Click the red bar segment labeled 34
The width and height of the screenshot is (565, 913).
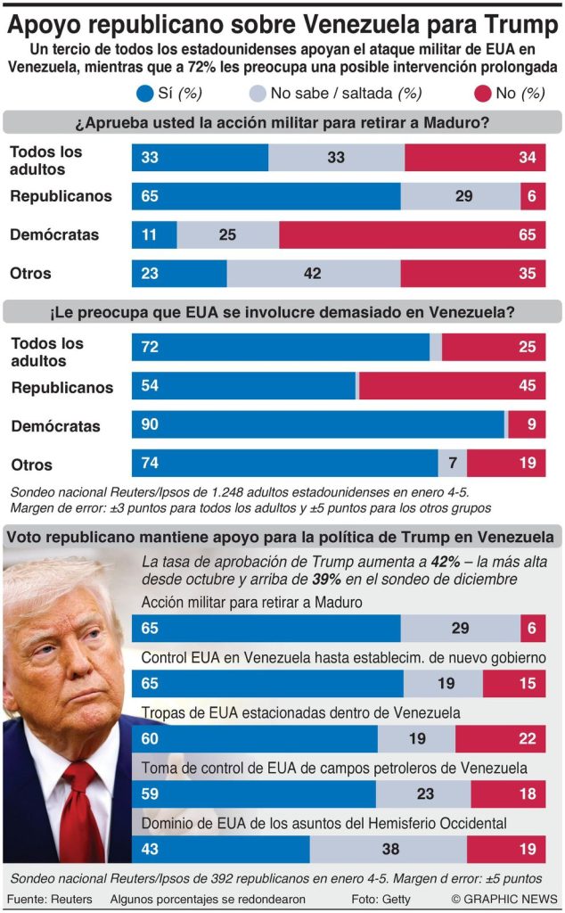(x=475, y=158)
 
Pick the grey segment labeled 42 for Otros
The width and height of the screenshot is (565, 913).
(x=313, y=274)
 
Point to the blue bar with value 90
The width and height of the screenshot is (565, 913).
(x=318, y=424)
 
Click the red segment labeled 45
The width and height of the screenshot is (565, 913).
(x=452, y=386)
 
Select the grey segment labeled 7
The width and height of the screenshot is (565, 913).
(x=453, y=464)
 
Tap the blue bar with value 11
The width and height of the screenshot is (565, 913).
(x=154, y=235)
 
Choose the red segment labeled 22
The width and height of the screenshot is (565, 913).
(x=500, y=739)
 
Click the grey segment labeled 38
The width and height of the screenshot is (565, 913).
(x=388, y=849)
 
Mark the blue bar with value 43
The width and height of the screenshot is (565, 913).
(x=220, y=849)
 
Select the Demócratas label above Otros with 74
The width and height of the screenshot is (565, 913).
(x=55, y=426)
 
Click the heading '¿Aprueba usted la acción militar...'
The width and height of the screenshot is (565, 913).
(x=282, y=122)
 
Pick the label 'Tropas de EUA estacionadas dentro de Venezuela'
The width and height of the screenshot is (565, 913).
(x=301, y=713)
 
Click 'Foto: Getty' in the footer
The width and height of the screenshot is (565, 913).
(x=381, y=900)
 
